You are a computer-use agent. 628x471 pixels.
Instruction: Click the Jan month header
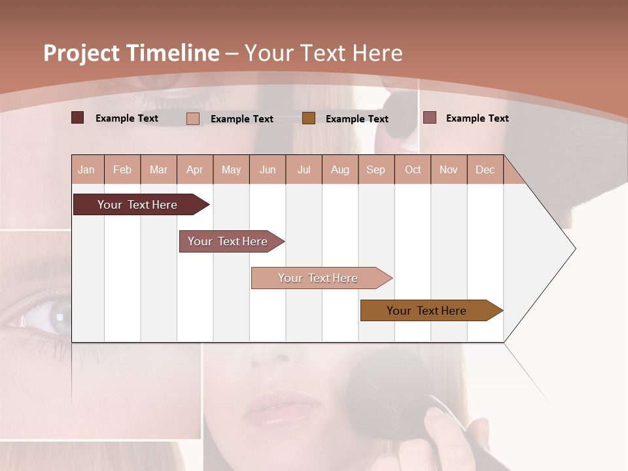point(86,169)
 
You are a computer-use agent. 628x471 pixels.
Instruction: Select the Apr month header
point(195,169)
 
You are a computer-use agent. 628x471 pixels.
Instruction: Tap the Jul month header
point(304,169)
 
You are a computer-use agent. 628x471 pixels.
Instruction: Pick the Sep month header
point(375,169)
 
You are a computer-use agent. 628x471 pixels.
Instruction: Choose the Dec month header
point(485,169)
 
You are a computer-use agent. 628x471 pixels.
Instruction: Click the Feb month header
point(122,169)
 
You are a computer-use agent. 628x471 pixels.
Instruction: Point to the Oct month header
point(413,169)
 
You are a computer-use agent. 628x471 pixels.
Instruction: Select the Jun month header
point(268,169)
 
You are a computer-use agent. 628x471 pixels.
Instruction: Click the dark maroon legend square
point(78,118)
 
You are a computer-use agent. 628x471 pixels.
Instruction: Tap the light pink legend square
point(193,118)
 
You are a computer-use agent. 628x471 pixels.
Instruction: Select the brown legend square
point(309,118)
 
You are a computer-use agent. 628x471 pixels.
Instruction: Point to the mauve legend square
point(430,118)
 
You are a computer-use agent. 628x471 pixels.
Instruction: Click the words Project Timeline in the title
point(131,52)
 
